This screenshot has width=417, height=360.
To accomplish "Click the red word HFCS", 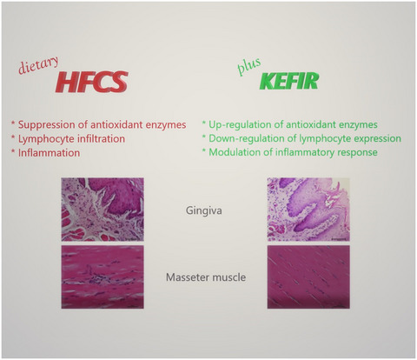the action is click(91, 82).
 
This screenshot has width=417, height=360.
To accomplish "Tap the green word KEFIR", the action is click(289, 81).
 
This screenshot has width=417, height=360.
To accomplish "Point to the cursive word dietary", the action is click(38, 65).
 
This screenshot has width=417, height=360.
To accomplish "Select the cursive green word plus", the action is click(249, 67).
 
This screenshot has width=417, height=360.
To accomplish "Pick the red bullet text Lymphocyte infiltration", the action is click(71, 139).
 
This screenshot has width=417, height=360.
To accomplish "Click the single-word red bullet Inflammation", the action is click(49, 153).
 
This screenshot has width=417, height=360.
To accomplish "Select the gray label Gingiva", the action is click(204, 210).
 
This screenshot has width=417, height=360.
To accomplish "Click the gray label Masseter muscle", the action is click(206, 277).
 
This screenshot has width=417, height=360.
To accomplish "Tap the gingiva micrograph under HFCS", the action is click(103, 210).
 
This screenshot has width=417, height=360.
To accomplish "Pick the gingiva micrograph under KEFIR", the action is click(308, 210).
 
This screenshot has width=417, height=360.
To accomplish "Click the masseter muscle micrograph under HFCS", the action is click(103, 277).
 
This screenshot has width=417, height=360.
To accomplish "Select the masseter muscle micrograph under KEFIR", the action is click(308, 277).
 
